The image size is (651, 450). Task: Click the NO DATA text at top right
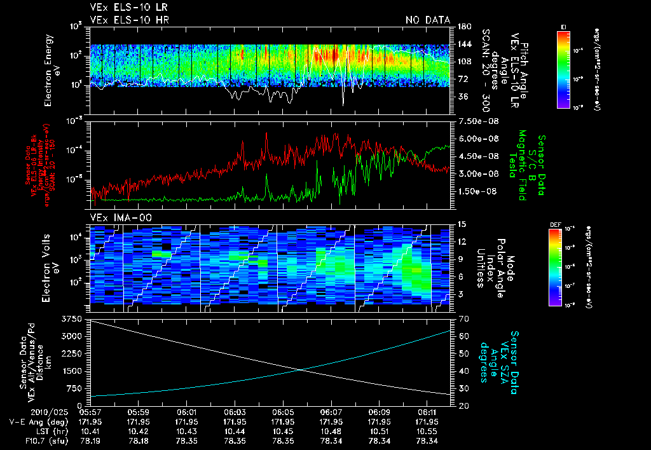coord(428,20)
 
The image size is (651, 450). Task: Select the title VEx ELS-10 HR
coord(124,20)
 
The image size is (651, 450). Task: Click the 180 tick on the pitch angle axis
coord(462,27)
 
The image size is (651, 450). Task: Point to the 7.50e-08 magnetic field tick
coord(476,121)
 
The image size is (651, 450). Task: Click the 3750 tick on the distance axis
coord(72,318)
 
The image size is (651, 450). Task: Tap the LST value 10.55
coord(427,430)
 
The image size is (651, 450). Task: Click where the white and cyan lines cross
coord(300,370)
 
